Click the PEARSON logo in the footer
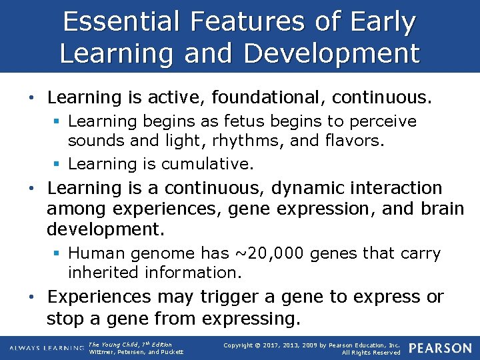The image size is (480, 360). coord(439,348)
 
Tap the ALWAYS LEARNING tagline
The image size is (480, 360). coord(47,348)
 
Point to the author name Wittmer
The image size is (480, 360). coord(104,352)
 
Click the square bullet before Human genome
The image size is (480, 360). coord(58,254)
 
